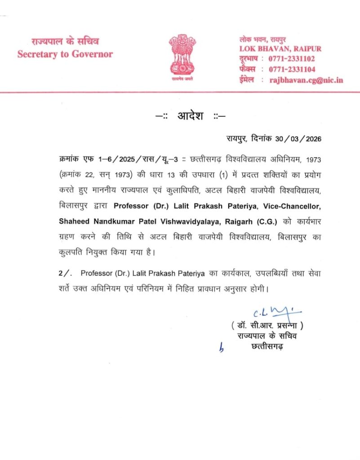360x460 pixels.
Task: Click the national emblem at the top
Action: click(x=182, y=56)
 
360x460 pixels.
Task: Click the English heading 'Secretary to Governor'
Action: click(x=65, y=54)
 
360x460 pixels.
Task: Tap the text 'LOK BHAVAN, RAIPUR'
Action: click(x=280, y=49)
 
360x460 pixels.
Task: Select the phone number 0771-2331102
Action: click(x=292, y=59)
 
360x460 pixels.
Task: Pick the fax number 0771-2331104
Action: click(x=292, y=69)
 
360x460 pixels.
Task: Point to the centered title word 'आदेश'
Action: click(x=191, y=116)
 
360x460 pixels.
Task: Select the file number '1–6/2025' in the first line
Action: click(x=99, y=159)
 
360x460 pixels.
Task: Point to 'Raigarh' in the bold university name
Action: click(x=238, y=221)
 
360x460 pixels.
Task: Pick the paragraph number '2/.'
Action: click(x=66, y=273)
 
